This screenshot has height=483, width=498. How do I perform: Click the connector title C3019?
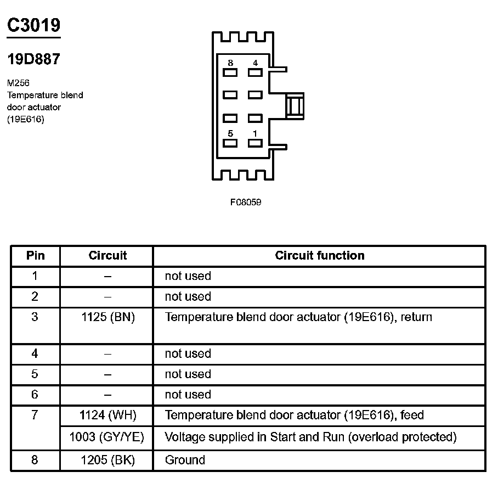[33, 25]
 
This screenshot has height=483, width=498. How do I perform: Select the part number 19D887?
[33, 59]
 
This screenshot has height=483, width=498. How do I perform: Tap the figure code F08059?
[246, 202]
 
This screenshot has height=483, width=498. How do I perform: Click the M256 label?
[19, 83]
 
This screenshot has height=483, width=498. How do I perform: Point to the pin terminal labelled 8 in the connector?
[230, 72]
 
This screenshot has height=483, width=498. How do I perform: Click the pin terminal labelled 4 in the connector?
[255, 72]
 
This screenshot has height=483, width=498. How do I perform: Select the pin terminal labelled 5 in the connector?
[230, 143]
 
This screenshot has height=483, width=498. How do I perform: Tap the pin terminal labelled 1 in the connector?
[255, 143]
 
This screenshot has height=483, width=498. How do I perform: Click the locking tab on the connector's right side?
[295, 106]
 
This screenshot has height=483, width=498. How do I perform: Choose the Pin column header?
[35, 255]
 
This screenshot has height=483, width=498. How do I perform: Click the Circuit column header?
[107, 255]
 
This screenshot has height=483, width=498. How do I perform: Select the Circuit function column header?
[320, 255]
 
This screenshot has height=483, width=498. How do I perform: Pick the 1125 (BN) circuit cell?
[107, 317]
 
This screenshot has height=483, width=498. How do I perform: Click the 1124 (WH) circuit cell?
[107, 415]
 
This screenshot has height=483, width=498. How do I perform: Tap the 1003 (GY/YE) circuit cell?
[107, 437]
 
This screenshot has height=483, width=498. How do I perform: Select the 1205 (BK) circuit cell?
[107, 460]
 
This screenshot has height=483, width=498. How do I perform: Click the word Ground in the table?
[185, 460]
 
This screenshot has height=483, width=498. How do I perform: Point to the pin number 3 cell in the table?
[35, 317]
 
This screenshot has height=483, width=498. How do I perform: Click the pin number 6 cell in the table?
[35, 395]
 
